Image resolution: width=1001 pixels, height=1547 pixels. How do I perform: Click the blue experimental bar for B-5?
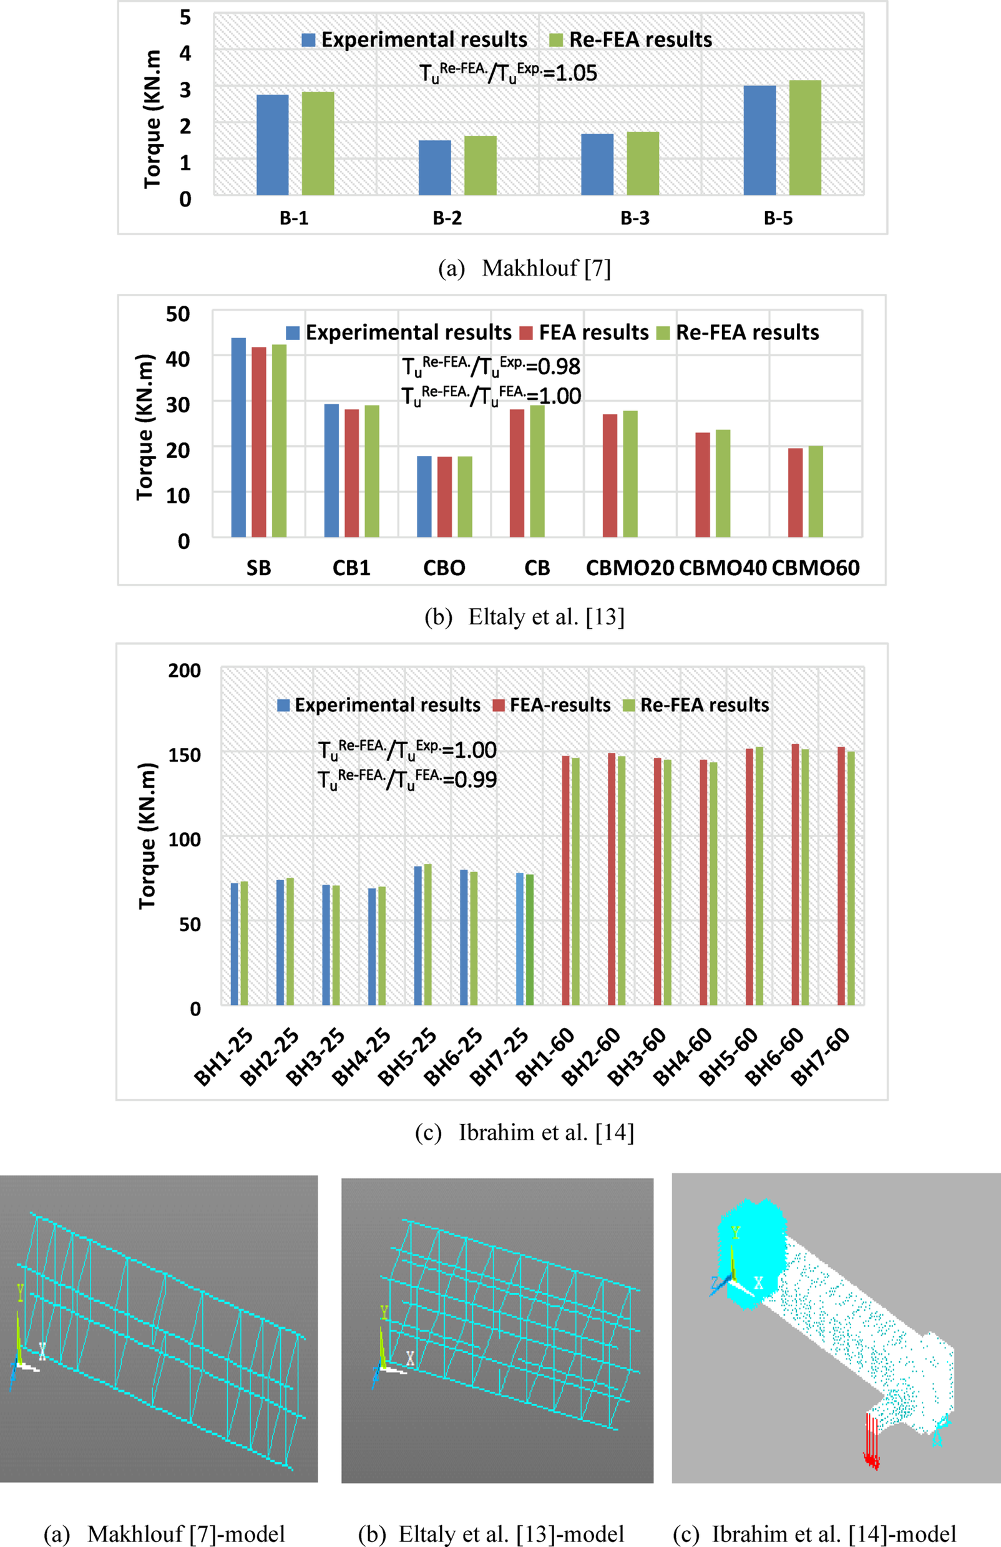point(759,140)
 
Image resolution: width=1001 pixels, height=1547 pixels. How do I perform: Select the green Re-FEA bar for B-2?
point(481,166)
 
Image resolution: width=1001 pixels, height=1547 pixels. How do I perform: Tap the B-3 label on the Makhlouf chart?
point(635,218)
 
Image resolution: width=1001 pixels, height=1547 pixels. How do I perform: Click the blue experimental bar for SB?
point(238,437)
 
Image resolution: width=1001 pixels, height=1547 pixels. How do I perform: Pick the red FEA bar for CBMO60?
point(795,493)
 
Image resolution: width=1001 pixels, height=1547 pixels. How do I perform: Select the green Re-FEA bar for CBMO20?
point(630,473)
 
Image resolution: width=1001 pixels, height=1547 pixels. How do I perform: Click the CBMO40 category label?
point(723,568)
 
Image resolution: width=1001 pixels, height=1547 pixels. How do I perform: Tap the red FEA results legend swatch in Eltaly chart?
point(527,333)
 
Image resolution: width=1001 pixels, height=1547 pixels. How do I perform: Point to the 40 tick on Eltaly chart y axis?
point(177,358)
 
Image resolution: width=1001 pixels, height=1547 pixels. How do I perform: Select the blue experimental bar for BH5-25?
point(418,936)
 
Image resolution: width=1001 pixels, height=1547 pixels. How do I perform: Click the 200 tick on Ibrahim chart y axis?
point(184,670)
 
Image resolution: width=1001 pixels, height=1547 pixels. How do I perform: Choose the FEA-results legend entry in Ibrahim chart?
point(552,705)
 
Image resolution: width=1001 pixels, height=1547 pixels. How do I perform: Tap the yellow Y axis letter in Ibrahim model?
point(736,1233)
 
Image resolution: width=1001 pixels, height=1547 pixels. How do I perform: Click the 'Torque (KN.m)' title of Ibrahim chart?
point(148,837)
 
